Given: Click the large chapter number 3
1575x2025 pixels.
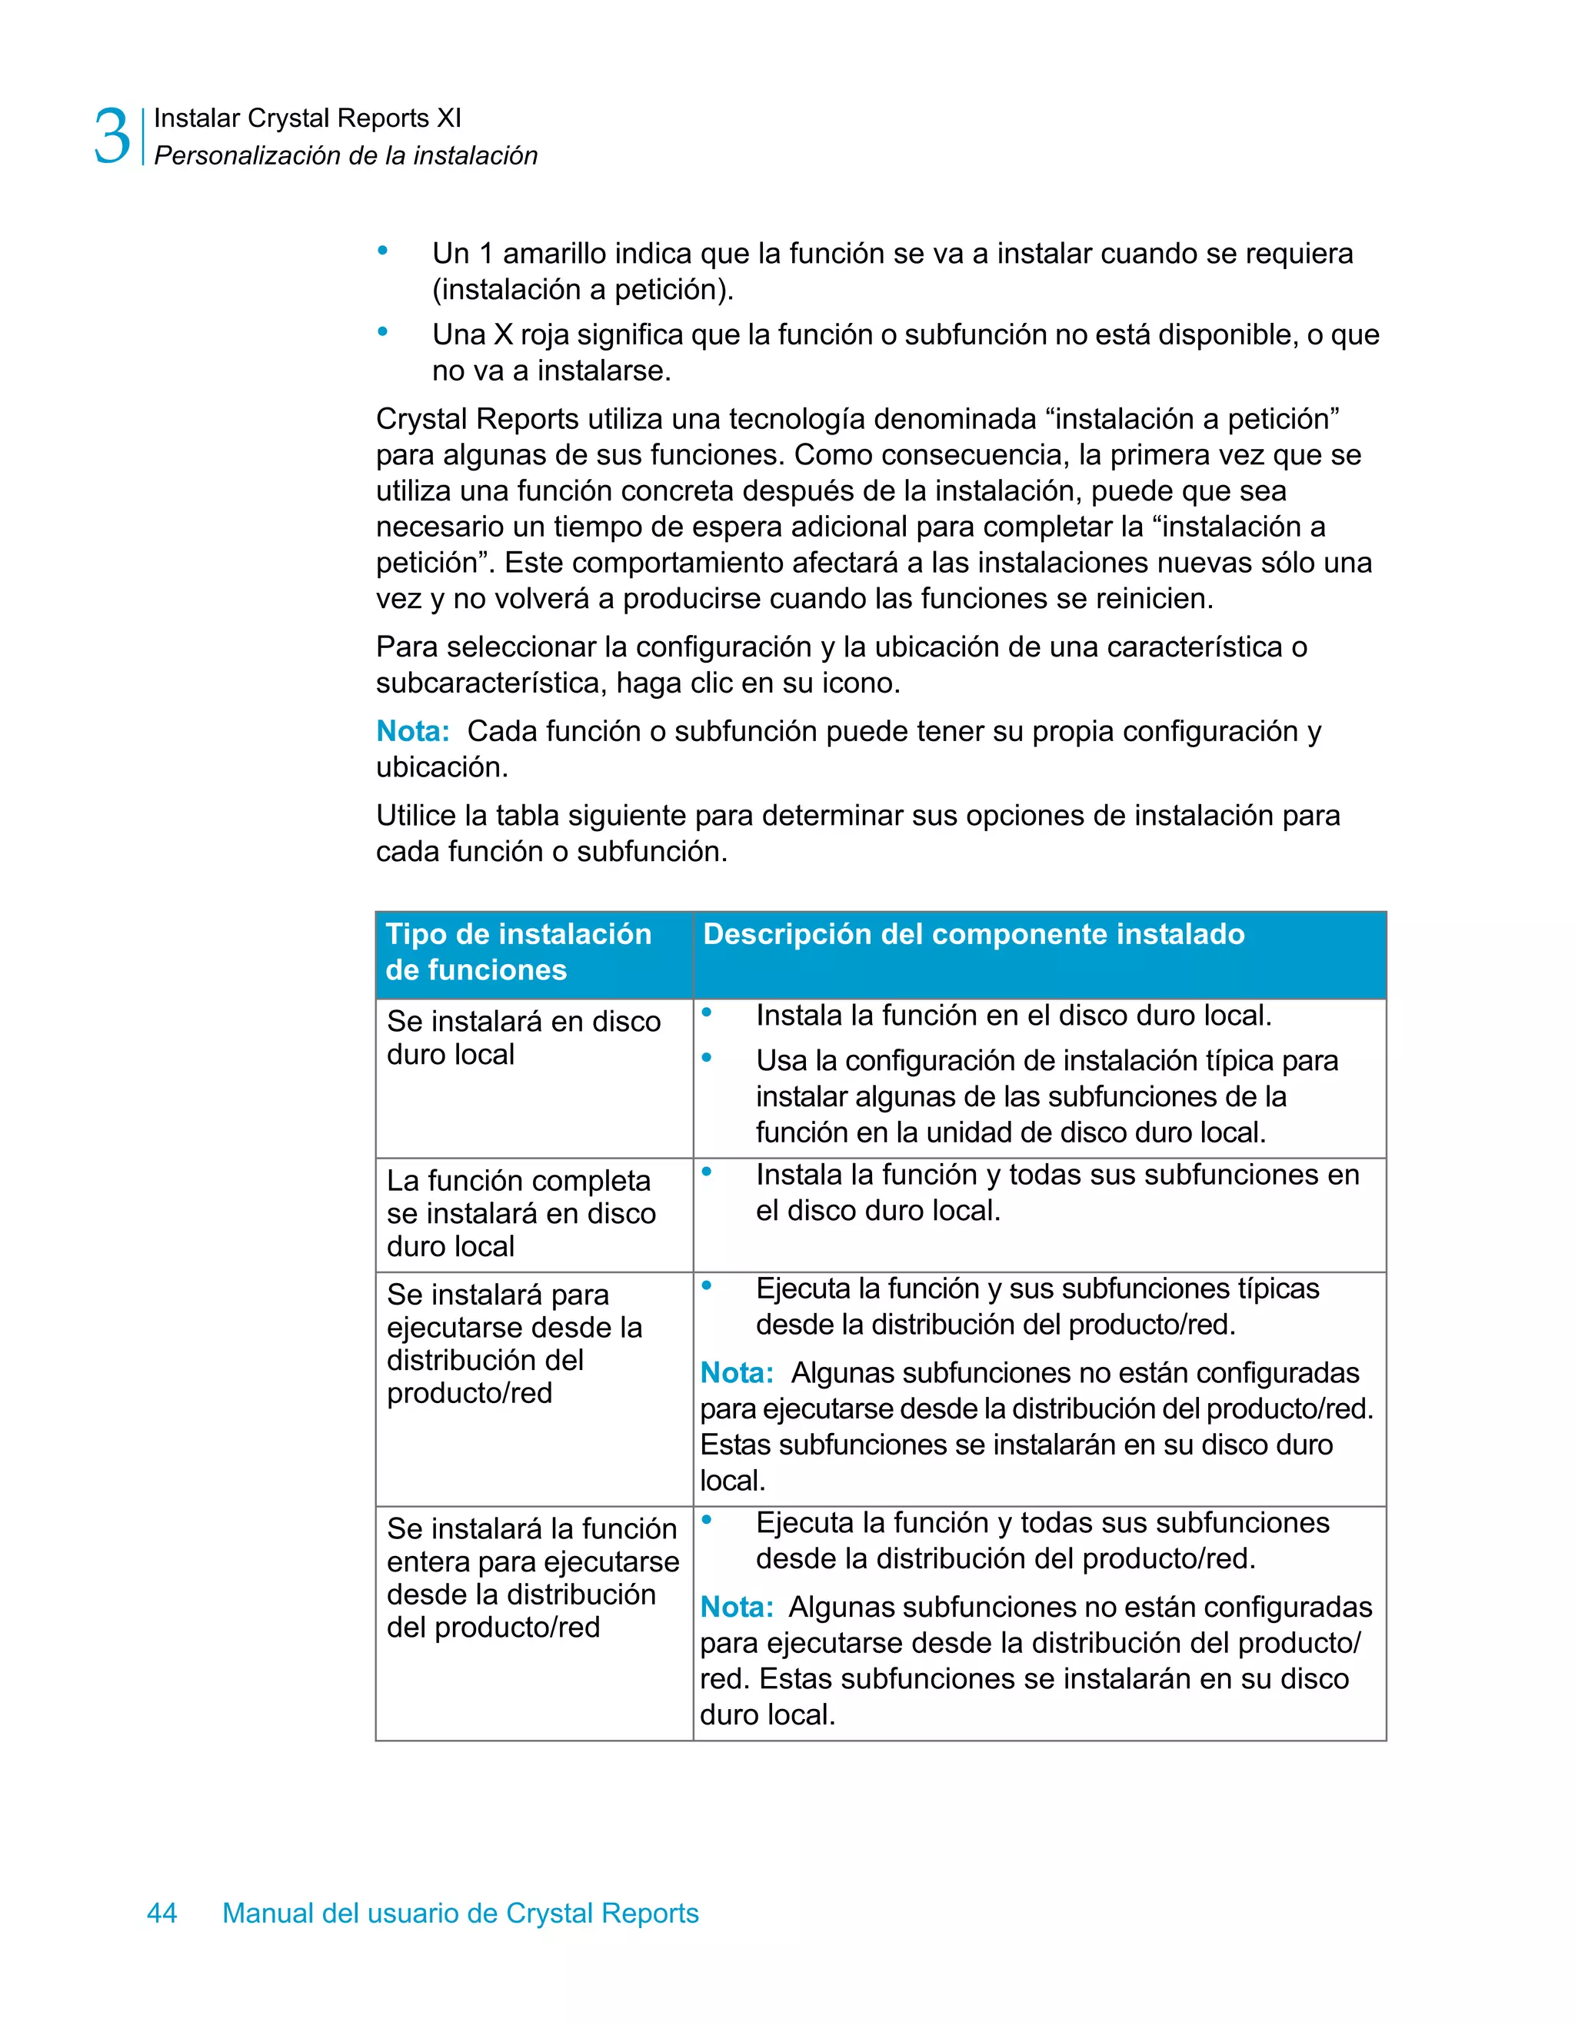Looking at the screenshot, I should (x=112, y=136).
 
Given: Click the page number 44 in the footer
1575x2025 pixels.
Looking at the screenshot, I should (x=161, y=1913).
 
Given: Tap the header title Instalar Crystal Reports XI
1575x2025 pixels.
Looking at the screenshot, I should (x=307, y=118).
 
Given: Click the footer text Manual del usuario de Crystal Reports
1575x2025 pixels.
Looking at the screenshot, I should (x=460, y=1913).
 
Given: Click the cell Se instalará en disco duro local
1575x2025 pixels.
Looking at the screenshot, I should (x=523, y=1038).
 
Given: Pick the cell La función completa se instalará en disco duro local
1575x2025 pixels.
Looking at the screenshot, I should (x=521, y=1213).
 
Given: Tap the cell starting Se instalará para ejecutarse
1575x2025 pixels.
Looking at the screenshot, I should (x=514, y=1342).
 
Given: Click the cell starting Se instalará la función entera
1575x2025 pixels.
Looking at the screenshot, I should (x=532, y=1577).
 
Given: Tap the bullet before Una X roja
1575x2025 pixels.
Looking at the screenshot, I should (x=382, y=331).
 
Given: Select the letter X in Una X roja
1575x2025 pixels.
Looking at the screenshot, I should (x=504, y=334).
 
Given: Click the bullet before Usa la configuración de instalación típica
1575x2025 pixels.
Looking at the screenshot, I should (x=707, y=1057).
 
